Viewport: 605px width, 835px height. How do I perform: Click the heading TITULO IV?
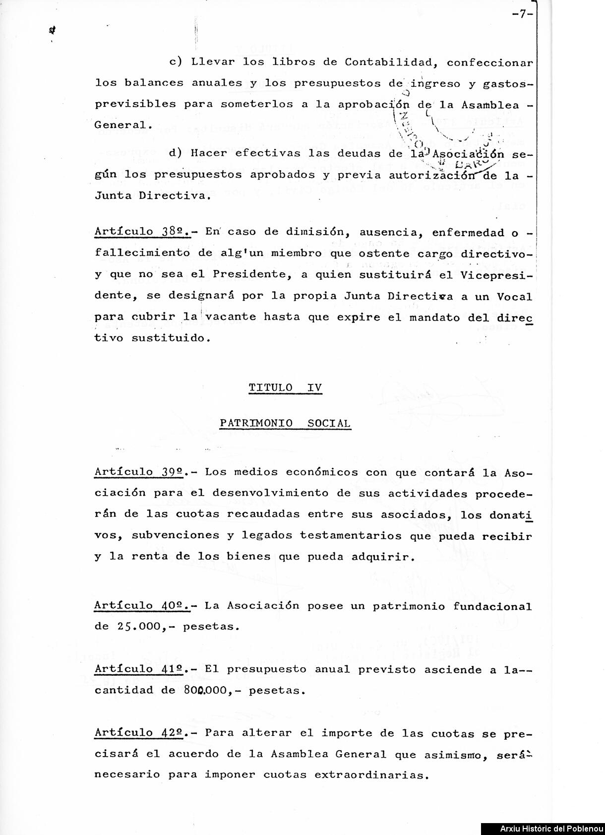tap(285, 388)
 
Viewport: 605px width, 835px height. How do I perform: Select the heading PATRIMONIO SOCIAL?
tap(285, 424)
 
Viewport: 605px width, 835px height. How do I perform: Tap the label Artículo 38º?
tap(142, 232)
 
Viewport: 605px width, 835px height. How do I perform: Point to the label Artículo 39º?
tap(142, 472)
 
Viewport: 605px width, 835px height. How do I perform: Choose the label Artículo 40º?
tap(142, 606)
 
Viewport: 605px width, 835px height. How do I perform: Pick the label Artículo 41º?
tap(142, 669)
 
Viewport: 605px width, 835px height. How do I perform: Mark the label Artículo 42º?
tap(142, 733)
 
